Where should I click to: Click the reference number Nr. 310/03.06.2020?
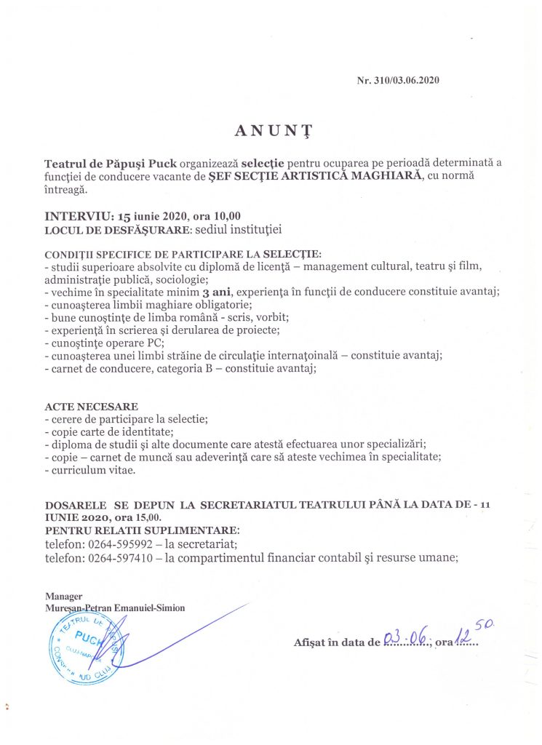[398, 81]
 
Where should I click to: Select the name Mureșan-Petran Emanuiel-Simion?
[114, 608]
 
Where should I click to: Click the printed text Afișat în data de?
[336, 642]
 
